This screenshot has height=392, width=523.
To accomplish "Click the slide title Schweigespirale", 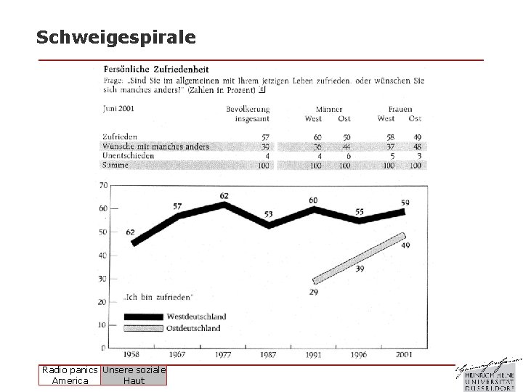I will point(115,37).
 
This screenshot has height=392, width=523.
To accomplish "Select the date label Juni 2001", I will point(118,109).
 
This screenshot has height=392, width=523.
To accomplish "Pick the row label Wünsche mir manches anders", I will point(155,147).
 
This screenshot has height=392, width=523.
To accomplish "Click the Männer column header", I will point(328,109).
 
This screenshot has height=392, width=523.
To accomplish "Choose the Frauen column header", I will point(400,109).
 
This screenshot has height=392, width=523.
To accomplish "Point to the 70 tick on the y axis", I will point(104,186).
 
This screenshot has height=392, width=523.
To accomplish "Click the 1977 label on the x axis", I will point(224,355).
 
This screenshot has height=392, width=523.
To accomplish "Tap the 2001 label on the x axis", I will point(404,355).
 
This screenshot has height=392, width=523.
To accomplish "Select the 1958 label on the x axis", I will point(133,355).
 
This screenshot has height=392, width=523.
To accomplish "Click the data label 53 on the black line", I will point(269,215).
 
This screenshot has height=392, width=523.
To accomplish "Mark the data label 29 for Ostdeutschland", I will point(313,291).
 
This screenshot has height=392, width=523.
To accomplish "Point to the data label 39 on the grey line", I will point(360,269).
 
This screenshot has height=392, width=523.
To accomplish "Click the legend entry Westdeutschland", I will point(196,317).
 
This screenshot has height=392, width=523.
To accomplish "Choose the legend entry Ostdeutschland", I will point(194,328).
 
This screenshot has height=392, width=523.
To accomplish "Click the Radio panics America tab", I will point(70,375).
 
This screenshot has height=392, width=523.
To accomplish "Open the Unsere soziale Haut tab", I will point(134,375).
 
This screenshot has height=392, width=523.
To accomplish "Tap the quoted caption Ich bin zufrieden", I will point(158,297).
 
